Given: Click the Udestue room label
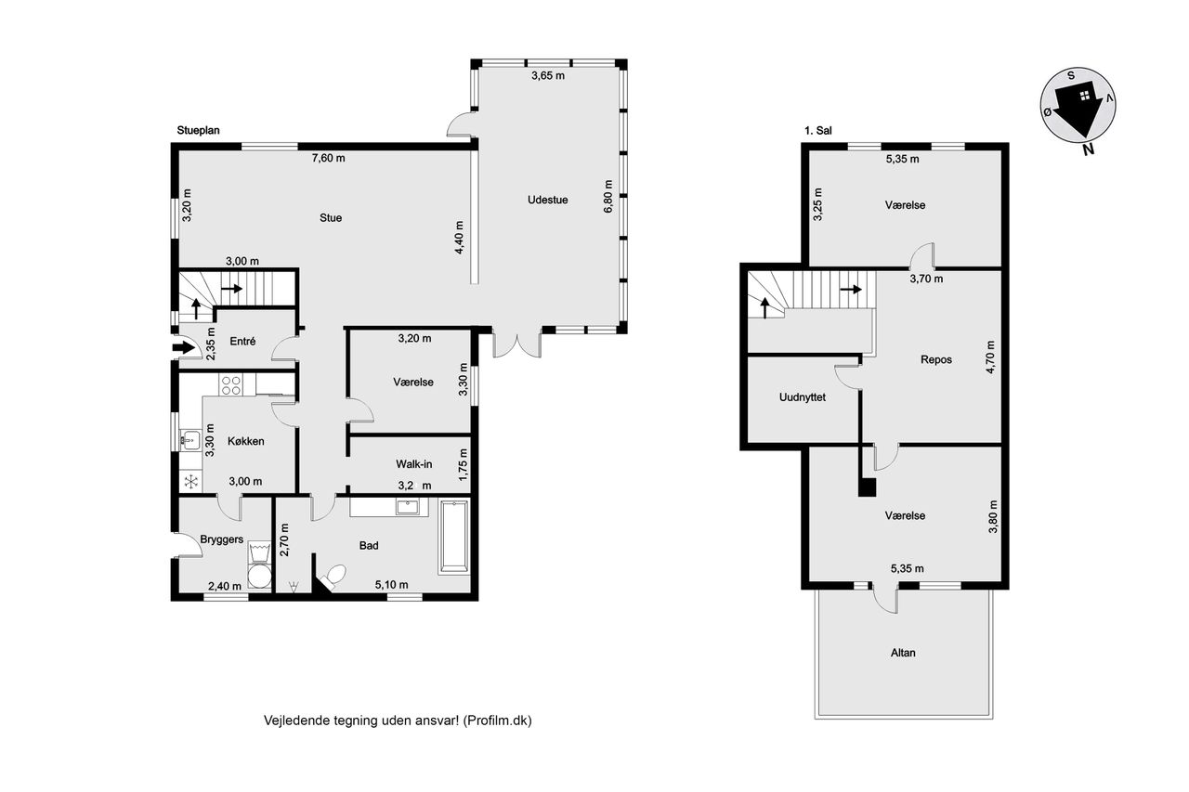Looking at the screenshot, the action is coord(547,200).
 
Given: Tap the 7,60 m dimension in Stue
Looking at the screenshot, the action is coord(328,158).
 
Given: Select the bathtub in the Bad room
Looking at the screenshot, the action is coord(454,537).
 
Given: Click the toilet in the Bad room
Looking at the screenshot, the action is coord(333,578).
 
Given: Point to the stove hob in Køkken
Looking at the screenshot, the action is coord(231,385).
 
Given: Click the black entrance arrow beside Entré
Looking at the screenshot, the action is coord(184,348).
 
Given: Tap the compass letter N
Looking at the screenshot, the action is coord(1088,150).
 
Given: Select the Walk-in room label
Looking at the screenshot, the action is coord(414,464).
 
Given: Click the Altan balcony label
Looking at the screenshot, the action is coord(903,653).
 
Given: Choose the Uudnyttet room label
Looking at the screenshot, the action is coord(802,397).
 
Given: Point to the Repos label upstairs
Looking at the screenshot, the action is coord(936,359).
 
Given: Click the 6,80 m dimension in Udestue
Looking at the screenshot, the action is coord(608,197).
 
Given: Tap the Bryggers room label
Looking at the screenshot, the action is coord(222,539).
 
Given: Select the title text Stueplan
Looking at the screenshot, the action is coord(198,131).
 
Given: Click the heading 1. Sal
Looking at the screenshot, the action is coord(818,131).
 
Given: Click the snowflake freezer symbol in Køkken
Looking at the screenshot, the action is coord(190,482).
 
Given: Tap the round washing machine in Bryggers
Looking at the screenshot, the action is coord(259,577).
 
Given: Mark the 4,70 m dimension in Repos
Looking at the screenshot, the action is coord(990,357).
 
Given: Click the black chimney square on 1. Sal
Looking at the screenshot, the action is coord(867,487).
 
